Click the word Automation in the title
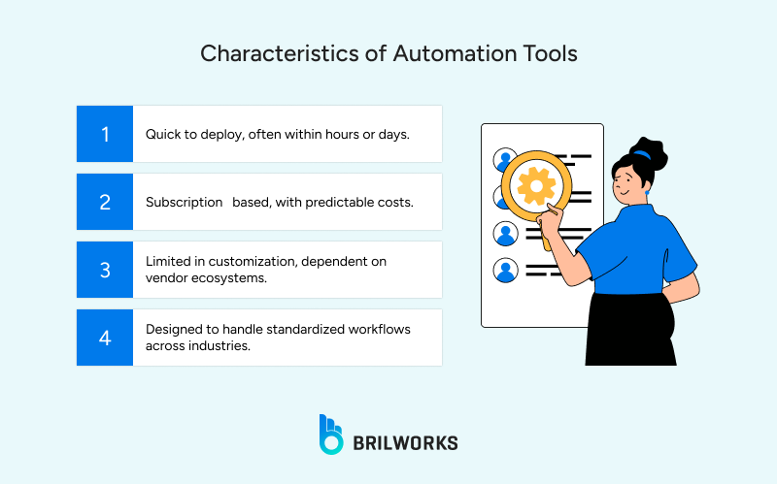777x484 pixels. pos(439,53)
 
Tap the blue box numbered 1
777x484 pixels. pos(105,134)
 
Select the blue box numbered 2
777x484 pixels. pos(105,202)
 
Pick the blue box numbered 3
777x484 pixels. pos(105,270)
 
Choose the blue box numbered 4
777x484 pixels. pos(105,338)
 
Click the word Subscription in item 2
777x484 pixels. pos(185,202)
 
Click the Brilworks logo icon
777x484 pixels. pos(331,435)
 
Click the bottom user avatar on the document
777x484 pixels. pos(506,270)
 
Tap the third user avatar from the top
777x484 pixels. pos(506,234)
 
